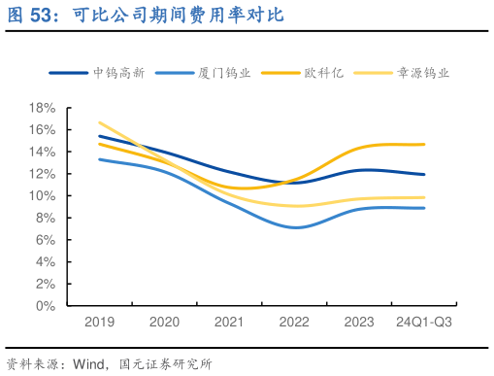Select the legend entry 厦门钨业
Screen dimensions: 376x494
(222, 73)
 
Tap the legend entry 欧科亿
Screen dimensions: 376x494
(323, 73)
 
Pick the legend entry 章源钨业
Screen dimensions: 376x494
(424, 73)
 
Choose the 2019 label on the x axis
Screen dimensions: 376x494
(99, 323)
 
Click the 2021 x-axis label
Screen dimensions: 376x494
(229, 323)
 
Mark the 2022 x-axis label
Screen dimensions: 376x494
(294, 323)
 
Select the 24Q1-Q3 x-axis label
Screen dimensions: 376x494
(423, 323)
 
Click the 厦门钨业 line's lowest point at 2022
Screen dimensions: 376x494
(294, 227)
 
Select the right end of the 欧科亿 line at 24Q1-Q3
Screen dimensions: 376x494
(424, 144)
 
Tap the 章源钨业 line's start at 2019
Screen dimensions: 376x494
(99, 122)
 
